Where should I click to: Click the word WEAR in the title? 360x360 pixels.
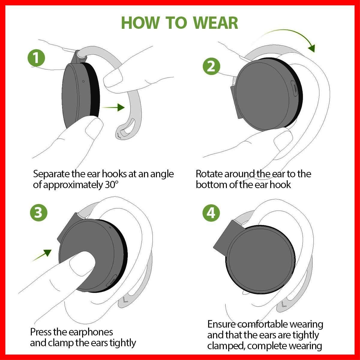[x=216, y=23]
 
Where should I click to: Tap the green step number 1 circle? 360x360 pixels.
[x=36, y=58]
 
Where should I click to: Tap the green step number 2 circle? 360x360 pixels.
[x=211, y=66]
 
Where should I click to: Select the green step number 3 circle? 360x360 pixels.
[x=39, y=213]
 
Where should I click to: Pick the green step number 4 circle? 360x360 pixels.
[x=211, y=213]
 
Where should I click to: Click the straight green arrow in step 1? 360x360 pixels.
[x=113, y=107]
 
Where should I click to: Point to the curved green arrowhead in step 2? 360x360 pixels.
[x=312, y=48]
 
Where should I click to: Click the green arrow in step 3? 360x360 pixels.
[x=42, y=255]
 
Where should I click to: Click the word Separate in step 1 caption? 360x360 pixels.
[x=51, y=174]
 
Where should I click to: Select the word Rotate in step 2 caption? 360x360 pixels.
[x=209, y=174]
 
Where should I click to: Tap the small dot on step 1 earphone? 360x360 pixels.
[x=83, y=81]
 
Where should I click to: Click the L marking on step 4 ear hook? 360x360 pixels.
[x=284, y=304]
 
